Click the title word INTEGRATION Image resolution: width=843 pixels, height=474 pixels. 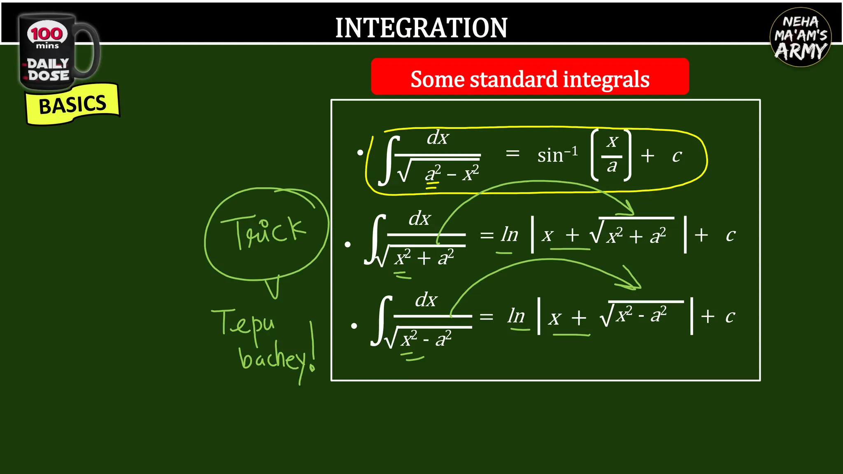click(421, 28)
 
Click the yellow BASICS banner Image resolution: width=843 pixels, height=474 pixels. click(72, 105)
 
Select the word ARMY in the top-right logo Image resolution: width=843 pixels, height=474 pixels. click(801, 51)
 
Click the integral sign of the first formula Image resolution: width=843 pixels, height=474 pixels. click(389, 160)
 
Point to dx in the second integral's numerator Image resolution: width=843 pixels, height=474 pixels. click(419, 218)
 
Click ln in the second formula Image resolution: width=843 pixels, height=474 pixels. click(510, 235)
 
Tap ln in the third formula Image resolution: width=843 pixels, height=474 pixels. click(516, 316)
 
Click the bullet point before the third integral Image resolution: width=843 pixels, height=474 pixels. click(354, 326)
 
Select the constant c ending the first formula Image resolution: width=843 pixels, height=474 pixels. click(677, 156)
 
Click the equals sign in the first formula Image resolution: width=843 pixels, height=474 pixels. click(512, 153)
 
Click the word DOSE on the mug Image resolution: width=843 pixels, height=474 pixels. click(49, 76)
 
